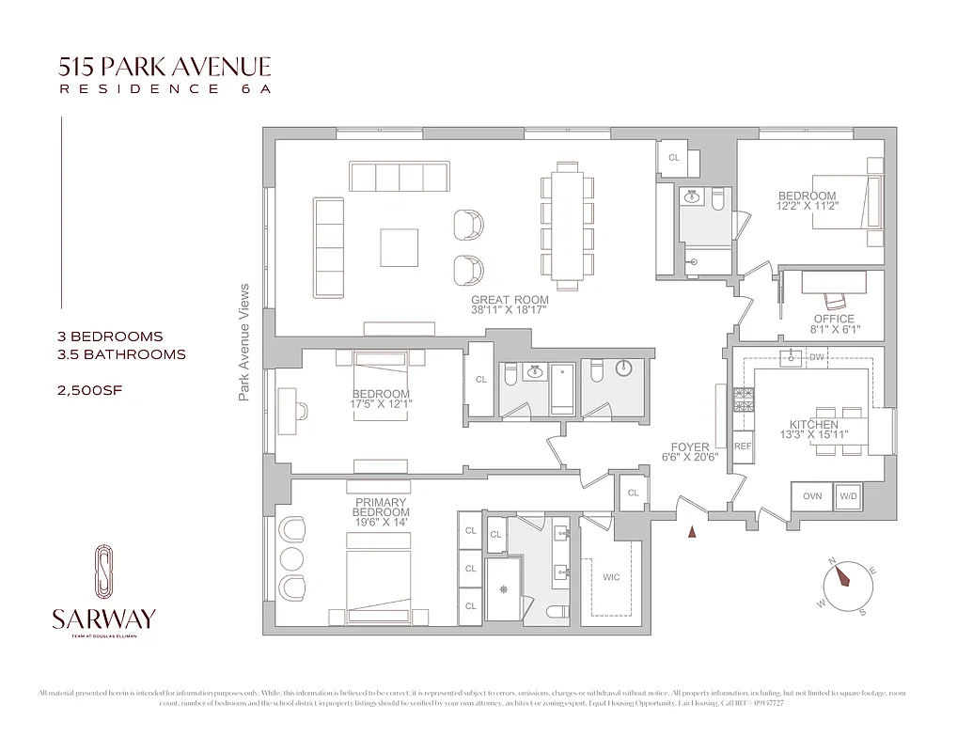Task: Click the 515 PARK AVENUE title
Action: pyautogui.click(x=165, y=67)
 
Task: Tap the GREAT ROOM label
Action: pyautogui.click(x=510, y=301)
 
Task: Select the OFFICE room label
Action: pyautogui.click(x=835, y=320)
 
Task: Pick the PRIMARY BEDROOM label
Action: pyautogui.click(x=381, y=503)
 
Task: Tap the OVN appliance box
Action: pyautogui.click(x=811, y=495)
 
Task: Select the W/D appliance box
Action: pyautogui.click(x=848, y=495)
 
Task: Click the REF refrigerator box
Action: pyautogui.click(x=743, y=446)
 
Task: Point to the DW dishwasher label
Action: pyautogui.click(x=816, y=357)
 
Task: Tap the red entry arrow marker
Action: pyautogui.click(x=693, y=533)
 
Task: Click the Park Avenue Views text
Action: pyautogui.click(x=243, y=342)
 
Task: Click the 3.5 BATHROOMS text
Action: pyautogui.click(x=121, y=354)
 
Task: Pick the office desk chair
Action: pyautogui.click(x=835, y=300)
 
